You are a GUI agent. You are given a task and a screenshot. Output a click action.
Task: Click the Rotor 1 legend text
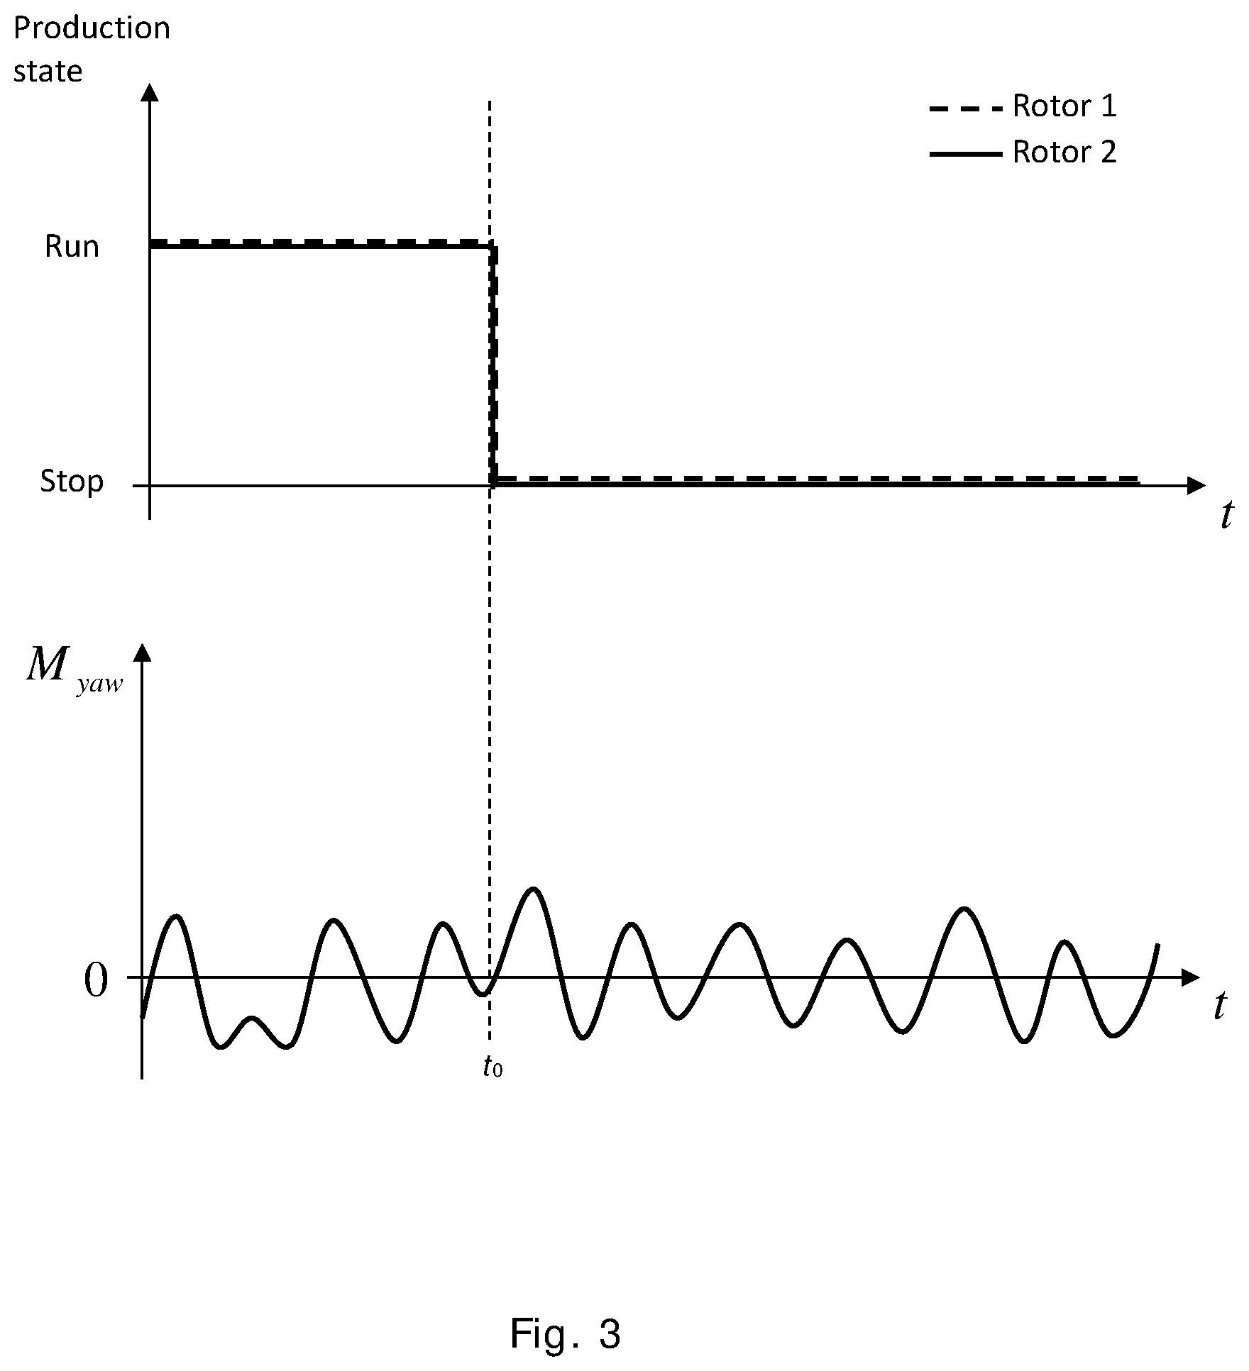pyautogui.click(x=1064, y=106)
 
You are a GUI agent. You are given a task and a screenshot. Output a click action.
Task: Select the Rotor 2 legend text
pyautogui.click(x=1064, y=152)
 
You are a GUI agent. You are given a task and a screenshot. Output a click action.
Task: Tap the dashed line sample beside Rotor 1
pyautogui.click(x=966, y=109)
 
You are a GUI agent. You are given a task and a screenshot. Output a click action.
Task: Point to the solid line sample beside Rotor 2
pyautogui.click(x=966, y=154)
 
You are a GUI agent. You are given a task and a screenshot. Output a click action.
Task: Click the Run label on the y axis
pyautogui.click(x=72, y=247)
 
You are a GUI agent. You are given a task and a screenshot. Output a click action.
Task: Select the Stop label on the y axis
pyautogui.click(x=72, y=482)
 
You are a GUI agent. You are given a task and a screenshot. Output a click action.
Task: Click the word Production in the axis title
pyautogui.click(x=92, y=28)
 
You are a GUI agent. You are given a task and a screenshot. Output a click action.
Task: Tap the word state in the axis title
pyautogui.click(x=48, y=72)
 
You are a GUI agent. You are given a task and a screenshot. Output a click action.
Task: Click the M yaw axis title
pyautogui.click(x=75, y=668)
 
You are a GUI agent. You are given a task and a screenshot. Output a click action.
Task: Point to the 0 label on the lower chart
pyautogui.click(x=96, y=982)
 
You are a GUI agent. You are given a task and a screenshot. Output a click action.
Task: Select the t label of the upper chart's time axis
pyautogui.click(x=1227, y=515)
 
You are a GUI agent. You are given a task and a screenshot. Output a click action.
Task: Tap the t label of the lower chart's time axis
pyautogui.click(x=1220, y=1005)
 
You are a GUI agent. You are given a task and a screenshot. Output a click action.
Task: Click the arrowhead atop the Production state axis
pyautogui.click(x=149, y=92)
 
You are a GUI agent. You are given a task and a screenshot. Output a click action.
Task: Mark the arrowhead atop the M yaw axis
pyautogui.click(x=143, y=653)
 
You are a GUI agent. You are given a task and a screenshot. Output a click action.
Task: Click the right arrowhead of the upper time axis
pyautogui.click(x=1196, y=486)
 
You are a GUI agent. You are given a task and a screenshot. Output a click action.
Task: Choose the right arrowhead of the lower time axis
pyautogui.click(x=1190, y=977)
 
